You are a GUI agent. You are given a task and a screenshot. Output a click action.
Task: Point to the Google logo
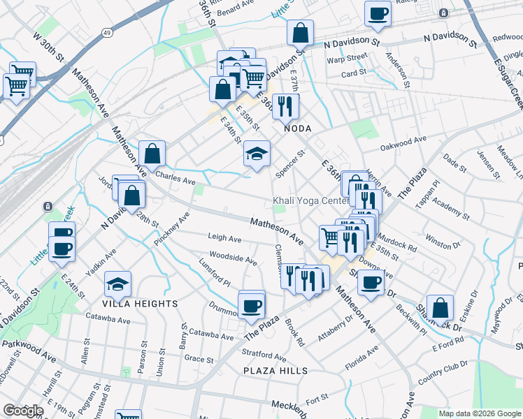(x=22, y=411)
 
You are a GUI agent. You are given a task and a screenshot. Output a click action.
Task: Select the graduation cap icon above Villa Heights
(x=117, y=283)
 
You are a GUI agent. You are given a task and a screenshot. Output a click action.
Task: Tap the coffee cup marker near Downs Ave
(x=371, y=281)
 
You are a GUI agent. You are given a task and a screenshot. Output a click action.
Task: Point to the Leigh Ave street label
(x=224, y=239)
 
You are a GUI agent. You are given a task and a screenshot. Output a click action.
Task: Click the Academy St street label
(x=452, y=207)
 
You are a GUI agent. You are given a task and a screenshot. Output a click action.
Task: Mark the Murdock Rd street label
(x=400, y=247)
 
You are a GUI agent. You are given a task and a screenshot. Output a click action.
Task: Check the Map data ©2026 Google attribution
(x=479, y=413)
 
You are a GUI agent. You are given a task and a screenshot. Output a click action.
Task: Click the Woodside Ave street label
(x=233, y=259)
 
